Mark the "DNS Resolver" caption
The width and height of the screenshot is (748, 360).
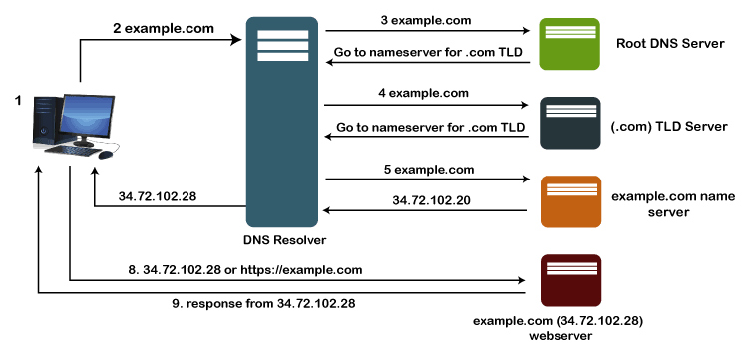[x=285, y=240]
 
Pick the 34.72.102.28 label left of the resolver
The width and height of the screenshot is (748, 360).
[x=158, y=195]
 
